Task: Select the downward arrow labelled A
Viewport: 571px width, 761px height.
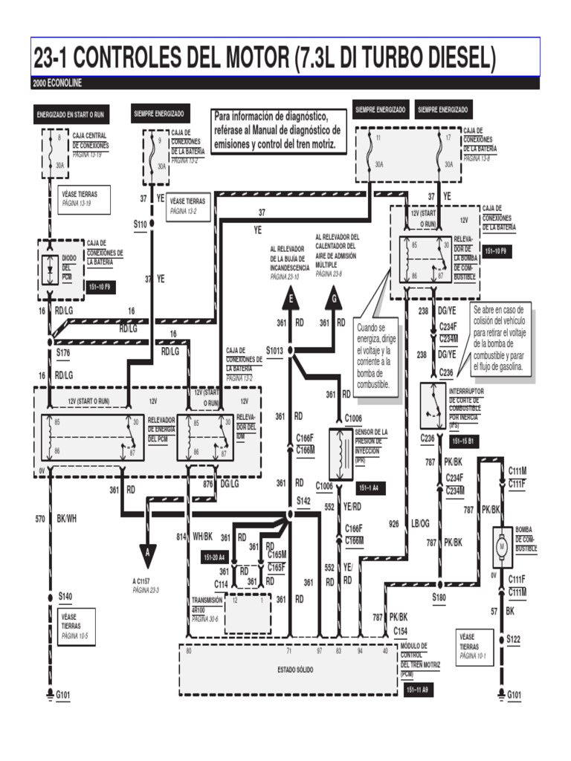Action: pyautogui.click(x=148, y=553)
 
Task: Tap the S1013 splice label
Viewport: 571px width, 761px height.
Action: pyautogui.click(x=276, y=349)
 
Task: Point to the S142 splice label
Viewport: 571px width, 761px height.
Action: pyautogui.click(x=302, y=501)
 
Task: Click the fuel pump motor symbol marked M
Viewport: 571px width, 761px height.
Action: pyautogui.click(x=502, y=547)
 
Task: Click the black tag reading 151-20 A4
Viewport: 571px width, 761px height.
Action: pyautogui.click(x=214, y=557)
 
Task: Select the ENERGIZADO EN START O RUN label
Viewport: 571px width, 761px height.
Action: pyautogui.click(x=71, y=115)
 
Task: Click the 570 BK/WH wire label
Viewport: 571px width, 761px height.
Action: pyautogui.click(x=56, y=519)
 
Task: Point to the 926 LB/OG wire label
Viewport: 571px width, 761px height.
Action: pyautogui.click(x=409, y=523)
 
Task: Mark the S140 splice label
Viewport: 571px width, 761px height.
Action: pyautogui.click(x=65, y=595)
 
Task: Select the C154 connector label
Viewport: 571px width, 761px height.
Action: pyautogui.click(x=401, y=630)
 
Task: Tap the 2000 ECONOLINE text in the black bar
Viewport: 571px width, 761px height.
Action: pyautogui.click(x=57, y=82)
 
